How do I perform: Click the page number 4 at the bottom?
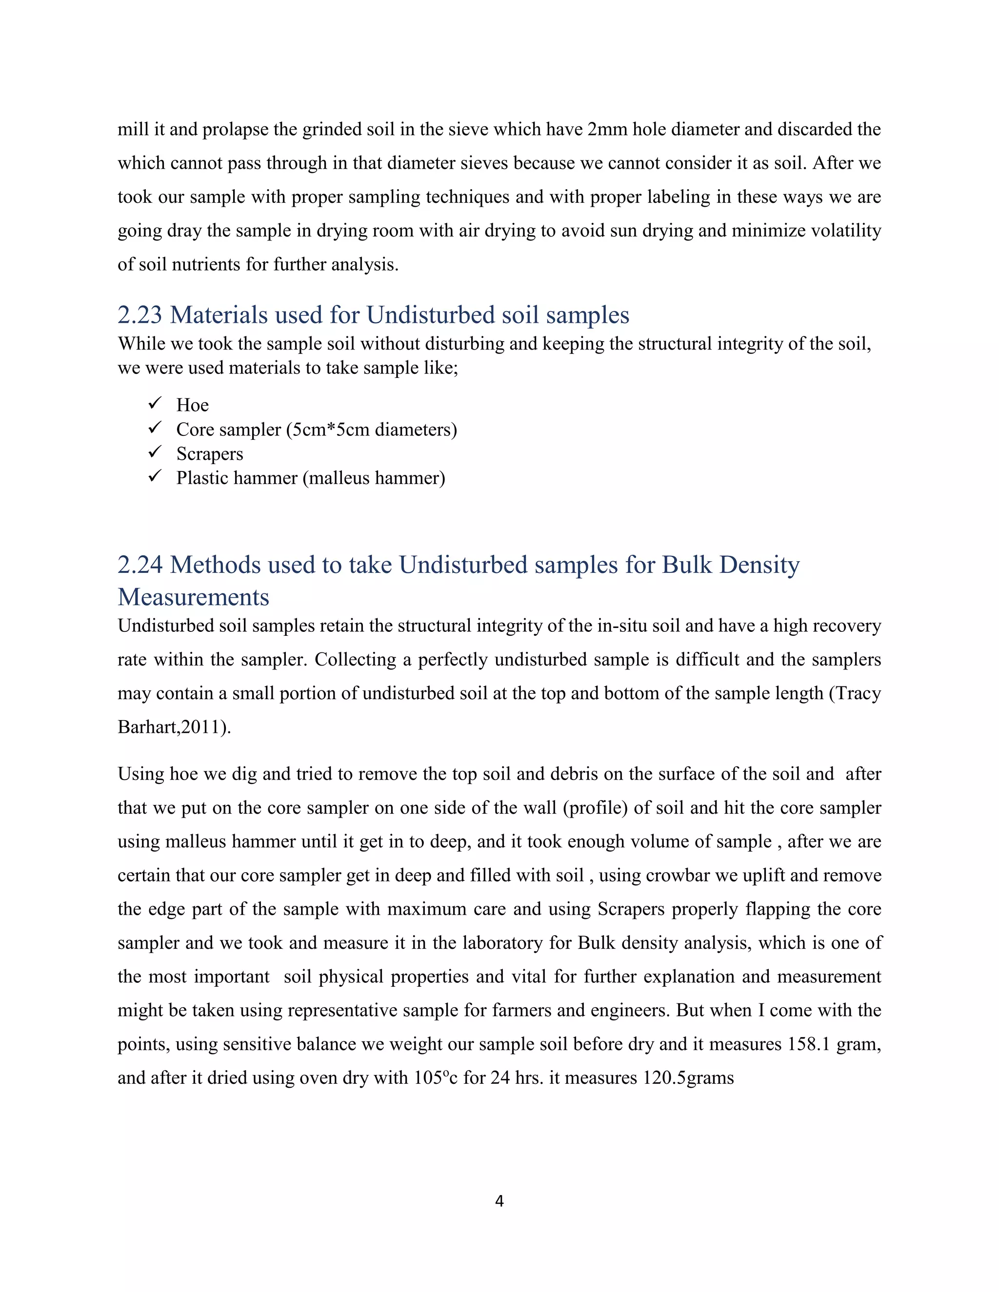(499, 1200)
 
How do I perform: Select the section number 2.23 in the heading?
(140, 315)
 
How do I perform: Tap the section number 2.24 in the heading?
(140, 565)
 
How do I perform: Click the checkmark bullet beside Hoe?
(155, 404)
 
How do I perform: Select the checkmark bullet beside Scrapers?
(155, 453)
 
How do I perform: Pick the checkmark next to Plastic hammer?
(155, 477)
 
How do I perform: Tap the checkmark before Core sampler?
(155, 428)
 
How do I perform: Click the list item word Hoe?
(192, 405)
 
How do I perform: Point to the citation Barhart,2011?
(172, 727)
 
